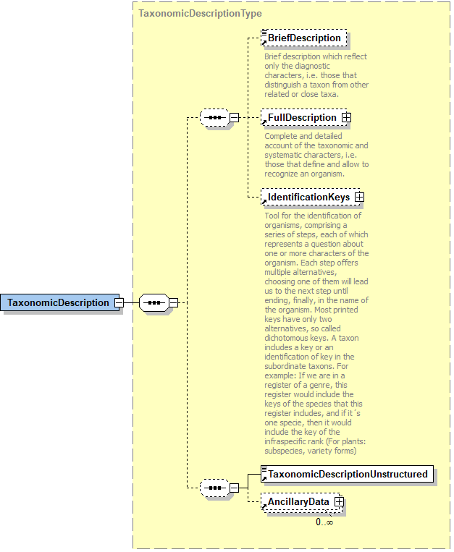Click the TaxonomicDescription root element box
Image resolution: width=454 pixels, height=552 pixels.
(x=59, y=302)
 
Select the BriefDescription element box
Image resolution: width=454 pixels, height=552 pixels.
(x=304, y=38)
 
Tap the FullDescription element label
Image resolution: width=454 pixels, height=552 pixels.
(x=302, y=117)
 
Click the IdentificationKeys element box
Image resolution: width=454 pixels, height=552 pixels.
(x=308, y=197)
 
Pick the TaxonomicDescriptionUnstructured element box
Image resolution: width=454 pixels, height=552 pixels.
(x=348, y=475)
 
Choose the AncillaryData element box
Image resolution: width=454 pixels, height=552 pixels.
(x=298, y=501)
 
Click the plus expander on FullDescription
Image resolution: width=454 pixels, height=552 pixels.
(x=346, y=117)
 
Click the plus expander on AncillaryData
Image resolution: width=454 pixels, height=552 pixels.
(x=339, y=501)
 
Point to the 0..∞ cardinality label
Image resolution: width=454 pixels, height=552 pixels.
(x=324, y=522)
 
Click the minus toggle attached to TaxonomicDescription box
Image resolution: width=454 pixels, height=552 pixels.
(x=119, y=302)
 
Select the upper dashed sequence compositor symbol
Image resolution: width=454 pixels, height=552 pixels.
(x=214, y=117)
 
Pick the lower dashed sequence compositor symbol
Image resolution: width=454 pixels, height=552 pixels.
(x=214, y=488)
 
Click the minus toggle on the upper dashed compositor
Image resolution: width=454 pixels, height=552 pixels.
(x=234, y=117)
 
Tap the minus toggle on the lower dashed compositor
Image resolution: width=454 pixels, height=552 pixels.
(x=234, y=488)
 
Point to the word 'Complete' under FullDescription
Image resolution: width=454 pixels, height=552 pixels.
(x=282, y=136)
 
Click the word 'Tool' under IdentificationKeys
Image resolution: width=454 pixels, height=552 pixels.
(x=272, y=216)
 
